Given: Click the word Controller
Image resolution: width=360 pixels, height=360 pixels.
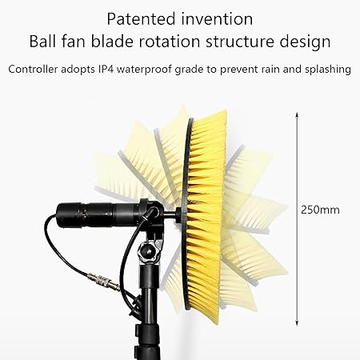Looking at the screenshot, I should point(35,69).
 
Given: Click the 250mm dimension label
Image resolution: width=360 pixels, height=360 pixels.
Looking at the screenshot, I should point(320,210).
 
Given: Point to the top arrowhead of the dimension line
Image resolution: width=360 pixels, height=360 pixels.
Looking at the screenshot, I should point(298,114).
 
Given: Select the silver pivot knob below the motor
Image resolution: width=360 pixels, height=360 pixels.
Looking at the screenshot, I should point(147,254).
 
